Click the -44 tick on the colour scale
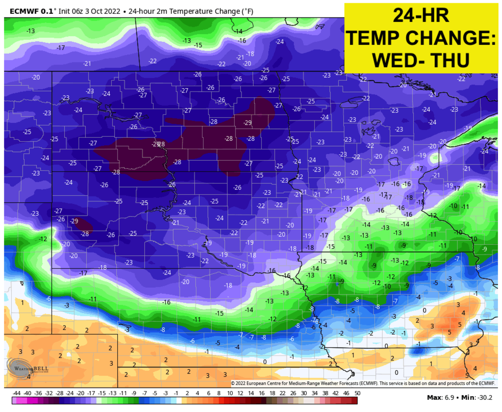pyautogui.click(x=17, y=393)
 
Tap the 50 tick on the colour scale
pyautogui.click(x=357, y=393)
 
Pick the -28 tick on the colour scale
pyautogui.click(x=59, y=393)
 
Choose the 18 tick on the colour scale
pyautogui.click(x=272, y=393)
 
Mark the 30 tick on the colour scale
pyautogui.click(x=304, y=393)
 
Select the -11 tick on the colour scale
pyautogui.click(x=123, y=393)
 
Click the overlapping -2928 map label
pyautogui.click(x=159, y=144)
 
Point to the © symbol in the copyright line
pyautogui.click(x=233, y=383)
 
